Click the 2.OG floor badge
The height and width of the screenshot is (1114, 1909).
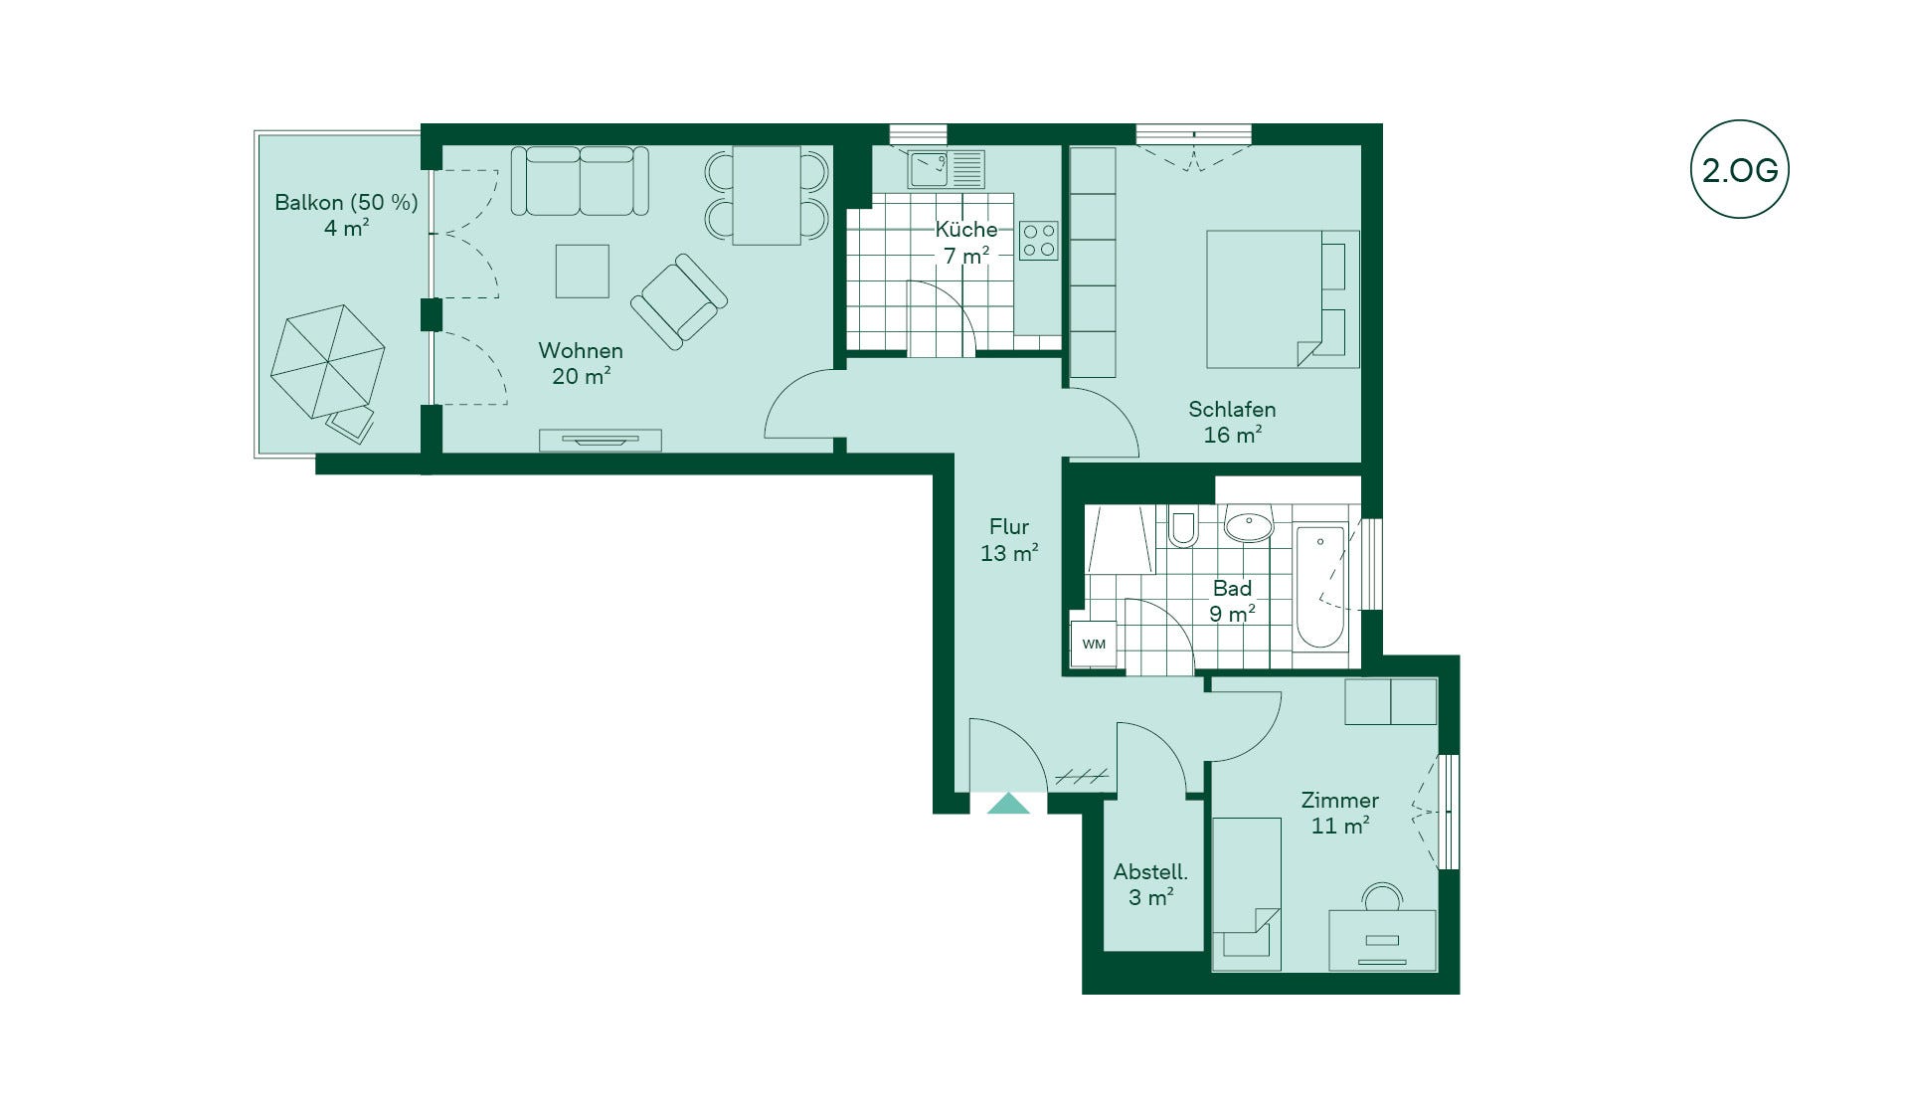coord(1739,169)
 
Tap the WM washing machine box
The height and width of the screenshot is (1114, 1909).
coord(1094,644)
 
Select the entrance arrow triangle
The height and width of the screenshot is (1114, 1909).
coord(1008,803)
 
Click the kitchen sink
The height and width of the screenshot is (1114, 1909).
coord(946,169)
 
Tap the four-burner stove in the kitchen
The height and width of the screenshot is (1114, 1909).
coord(1039,241)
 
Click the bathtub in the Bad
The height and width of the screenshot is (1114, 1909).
coord(1320,587)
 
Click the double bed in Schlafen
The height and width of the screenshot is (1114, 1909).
coord(1283,299)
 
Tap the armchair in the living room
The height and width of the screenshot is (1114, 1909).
coord(679,300)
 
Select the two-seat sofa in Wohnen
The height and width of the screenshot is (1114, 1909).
coord(580,181)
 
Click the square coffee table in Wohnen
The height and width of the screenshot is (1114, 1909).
coord(582,271)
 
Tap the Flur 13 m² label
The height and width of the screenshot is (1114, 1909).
coord(1009,540)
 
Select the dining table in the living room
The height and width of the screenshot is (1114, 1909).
coord(767,195)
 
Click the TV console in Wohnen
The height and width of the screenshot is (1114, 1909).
coord(601,440)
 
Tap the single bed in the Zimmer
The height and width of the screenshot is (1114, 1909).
coord(1247,894)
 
